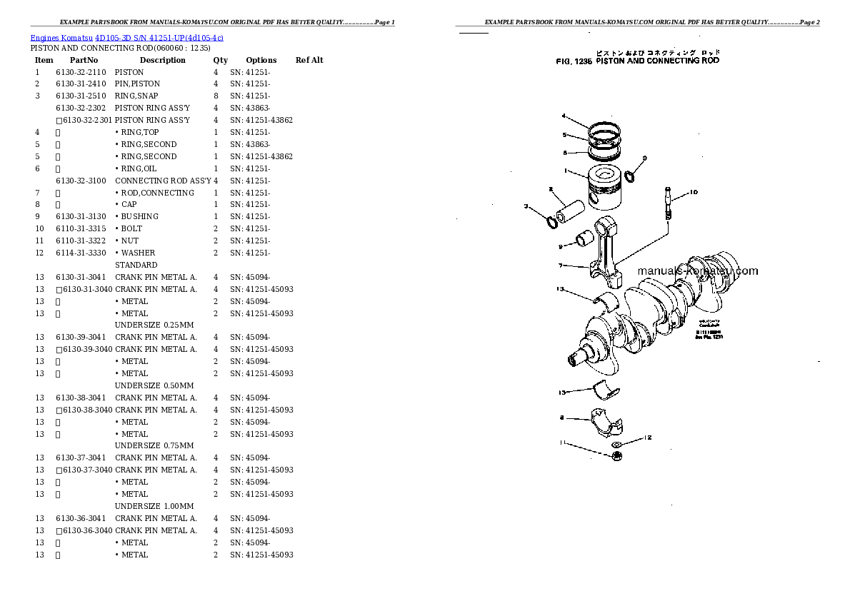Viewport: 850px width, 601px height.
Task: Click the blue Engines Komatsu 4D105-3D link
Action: point(126,37)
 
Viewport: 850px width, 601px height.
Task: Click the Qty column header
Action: point(220,60)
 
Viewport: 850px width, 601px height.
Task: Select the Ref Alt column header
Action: point(309,60)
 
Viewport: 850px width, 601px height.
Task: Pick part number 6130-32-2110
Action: point(80,72)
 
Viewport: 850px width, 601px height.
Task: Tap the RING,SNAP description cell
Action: point(136,96)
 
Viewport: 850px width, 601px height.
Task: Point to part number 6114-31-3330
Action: point(80,253)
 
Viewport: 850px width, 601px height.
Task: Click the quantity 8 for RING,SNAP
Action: point(215,96)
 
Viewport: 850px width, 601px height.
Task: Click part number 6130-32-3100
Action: point(80,181)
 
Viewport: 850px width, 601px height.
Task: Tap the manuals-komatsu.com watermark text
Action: point(696,271)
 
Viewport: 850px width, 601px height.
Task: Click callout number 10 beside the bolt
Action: point(694,192)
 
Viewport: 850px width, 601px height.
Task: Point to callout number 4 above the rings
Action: point(564,116)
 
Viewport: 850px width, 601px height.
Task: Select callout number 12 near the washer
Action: point(648,437)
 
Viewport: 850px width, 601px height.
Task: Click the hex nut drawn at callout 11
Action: point(616,455)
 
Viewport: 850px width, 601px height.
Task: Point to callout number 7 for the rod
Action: point(561,266)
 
